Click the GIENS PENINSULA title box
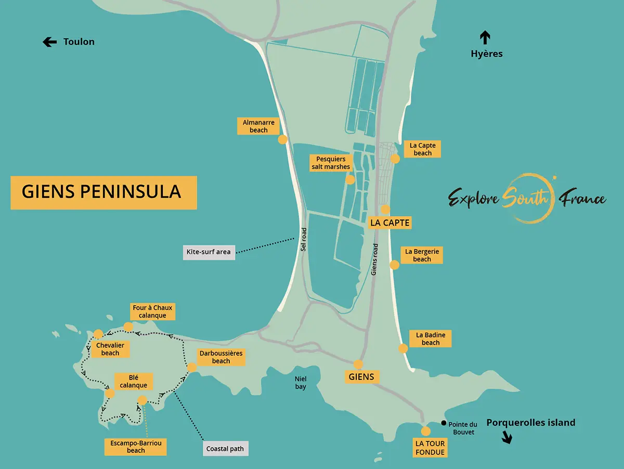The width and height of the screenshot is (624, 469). pos(103,192)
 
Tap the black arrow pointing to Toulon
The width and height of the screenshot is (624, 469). pos(49,42)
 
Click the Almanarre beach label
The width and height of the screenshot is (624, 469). pos(258,126)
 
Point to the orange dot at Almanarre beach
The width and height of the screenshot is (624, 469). pos(283,139)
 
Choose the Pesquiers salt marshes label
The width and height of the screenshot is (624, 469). pos(331,163)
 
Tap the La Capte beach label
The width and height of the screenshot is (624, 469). pos(422,149)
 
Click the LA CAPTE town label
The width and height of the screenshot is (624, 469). pos(390,223)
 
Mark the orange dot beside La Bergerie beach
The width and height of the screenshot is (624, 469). pos(394,265)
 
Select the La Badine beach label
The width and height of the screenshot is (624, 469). pos(430,339)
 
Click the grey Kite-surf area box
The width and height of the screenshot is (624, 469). pos(209,252)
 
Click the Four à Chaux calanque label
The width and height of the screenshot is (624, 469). pos(152,311)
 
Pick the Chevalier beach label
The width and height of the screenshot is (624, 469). pos(110,349)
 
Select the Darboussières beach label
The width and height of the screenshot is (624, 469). pos(221,357)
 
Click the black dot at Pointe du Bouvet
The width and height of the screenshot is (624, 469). pos(444,423)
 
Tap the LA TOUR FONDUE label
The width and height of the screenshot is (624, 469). pos(430,448)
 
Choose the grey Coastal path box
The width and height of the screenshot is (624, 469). pos(225,449)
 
